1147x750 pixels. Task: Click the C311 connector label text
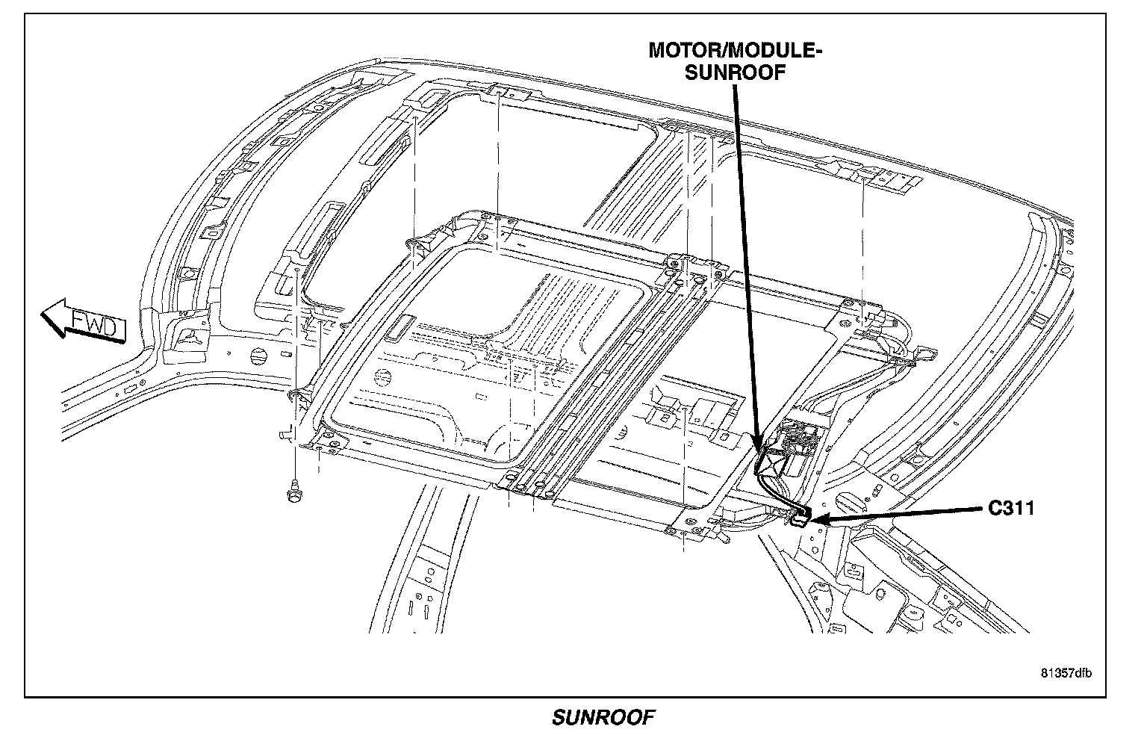[x=1011, y=508]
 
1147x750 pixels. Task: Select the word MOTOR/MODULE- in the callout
[x=736, y=51]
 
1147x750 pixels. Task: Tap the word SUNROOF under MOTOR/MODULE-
[x=736, y=72]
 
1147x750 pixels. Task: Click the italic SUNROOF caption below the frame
[x=603, y=718]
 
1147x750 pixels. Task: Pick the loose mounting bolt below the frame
[x=293, y=493]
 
